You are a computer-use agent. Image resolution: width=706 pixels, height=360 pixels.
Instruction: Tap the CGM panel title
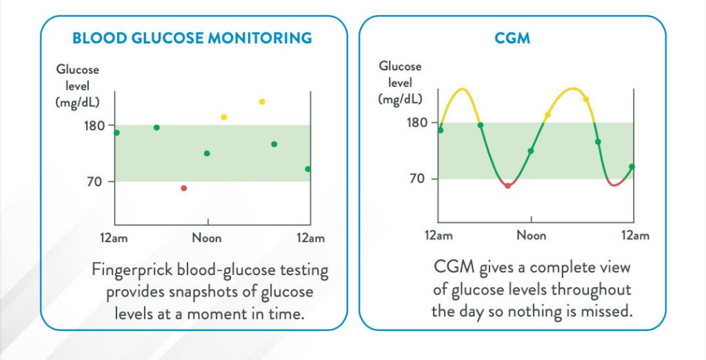pos(512,37)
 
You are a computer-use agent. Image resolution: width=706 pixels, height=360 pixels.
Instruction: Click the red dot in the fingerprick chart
pos(183,188)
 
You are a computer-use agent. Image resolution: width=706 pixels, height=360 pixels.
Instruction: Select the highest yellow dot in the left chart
pos(262,101)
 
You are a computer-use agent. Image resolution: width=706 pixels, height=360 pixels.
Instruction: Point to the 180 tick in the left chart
pos(95,125)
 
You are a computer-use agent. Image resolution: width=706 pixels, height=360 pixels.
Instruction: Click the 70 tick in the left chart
pos(99,181)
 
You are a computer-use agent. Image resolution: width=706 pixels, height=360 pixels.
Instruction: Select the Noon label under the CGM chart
pos(531,235)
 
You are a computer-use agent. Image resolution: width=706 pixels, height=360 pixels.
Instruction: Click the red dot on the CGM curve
pos(507,186)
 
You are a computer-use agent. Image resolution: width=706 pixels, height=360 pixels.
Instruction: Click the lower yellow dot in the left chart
pos(223,117)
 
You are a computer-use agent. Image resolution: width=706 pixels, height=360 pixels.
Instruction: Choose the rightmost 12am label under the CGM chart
pos(635,235)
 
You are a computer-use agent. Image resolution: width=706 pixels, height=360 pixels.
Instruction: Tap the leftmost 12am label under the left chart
pos(114,238)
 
